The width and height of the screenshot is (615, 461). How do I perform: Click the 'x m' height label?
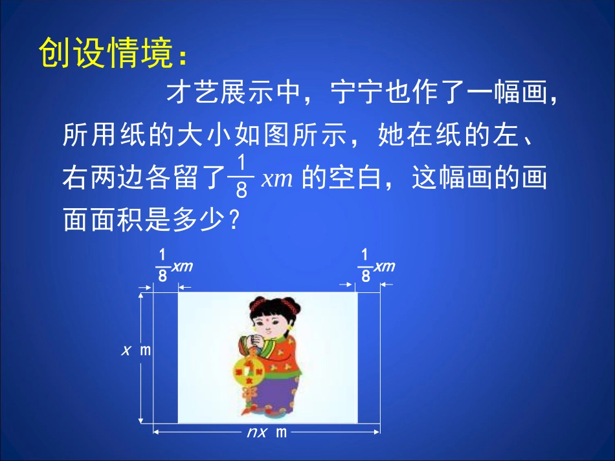point(136,350)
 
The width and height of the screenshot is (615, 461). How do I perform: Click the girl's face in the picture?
point(267,316)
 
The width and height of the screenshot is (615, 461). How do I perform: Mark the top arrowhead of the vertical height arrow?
point(140,295)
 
